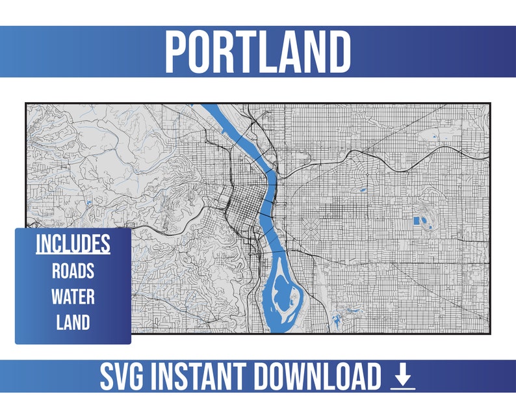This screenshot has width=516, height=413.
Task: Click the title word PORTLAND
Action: pyautogui.click(x=257, y=51)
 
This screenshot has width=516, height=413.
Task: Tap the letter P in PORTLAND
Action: pyautogui.click(x=176, y=51)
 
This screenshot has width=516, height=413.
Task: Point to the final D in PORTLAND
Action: pyautogui.click(x=339, y=51)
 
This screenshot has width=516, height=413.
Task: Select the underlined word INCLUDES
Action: pyautogui.click(x=73, y=243)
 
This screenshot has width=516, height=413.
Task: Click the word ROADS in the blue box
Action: pyautogui.click(x=73, y=271)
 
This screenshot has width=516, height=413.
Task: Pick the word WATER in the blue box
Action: pyautogui.click(x=73, y=297)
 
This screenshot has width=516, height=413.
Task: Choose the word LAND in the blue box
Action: pyautogui.click(x=73, y=322)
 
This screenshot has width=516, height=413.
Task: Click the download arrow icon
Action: pyautogui.click(x=403, y=377)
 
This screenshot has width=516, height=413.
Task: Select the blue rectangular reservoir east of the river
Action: pyautogui.click(x=417, y=221)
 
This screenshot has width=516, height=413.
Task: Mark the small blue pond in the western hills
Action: pyautogui.click(x=86, y=204)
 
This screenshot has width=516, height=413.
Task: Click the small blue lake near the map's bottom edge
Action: pyautogui.click(x=337, y=321)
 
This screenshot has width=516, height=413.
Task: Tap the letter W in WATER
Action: pyautogui.click(x=57, y=297)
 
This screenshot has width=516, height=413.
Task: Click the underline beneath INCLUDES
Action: pyautogui.click(x=73, y=253)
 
